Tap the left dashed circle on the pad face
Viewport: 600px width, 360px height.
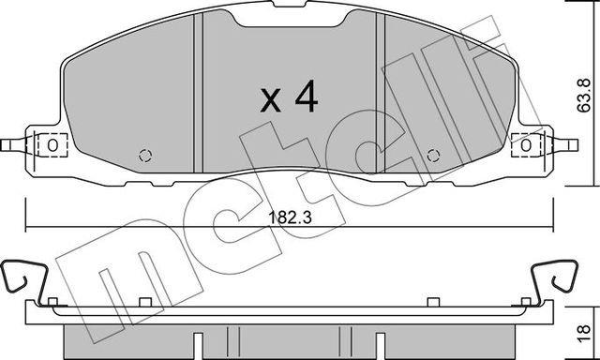[143, 156]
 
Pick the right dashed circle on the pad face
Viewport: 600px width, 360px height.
[431, 156]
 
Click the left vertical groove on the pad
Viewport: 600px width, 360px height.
[202, 94]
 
